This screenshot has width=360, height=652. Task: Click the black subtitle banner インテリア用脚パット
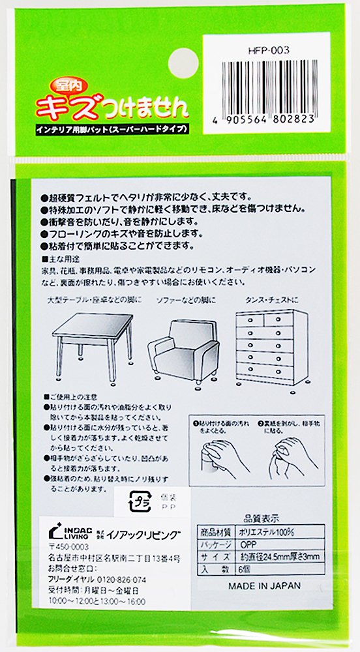(x=112, y=129)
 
